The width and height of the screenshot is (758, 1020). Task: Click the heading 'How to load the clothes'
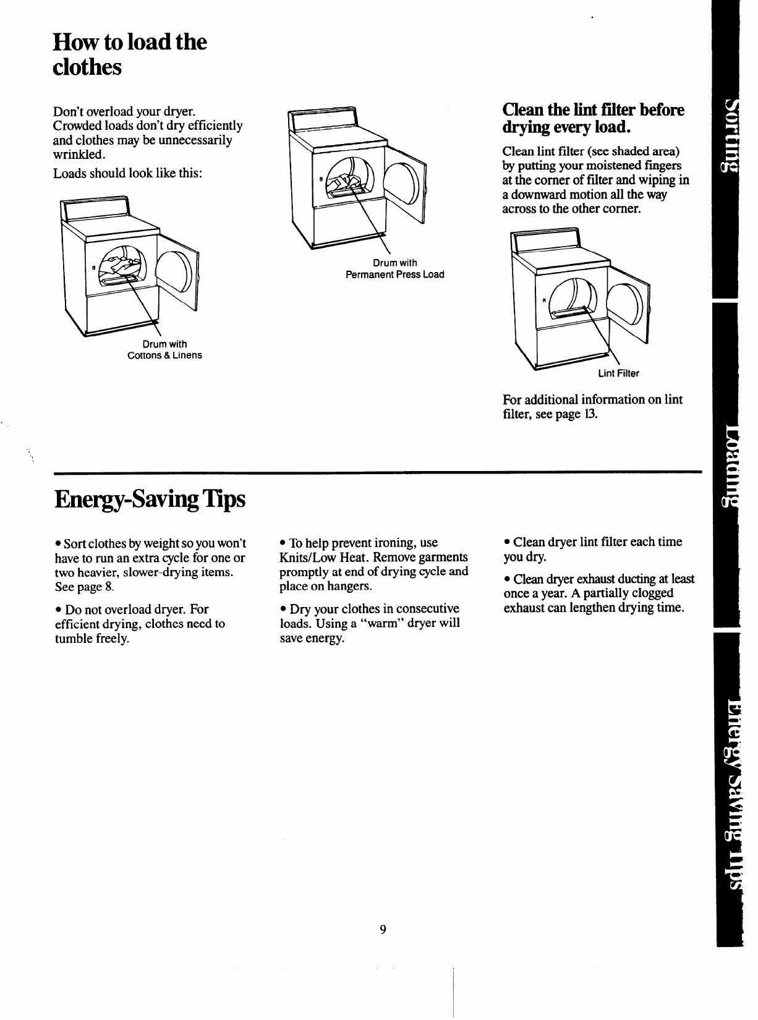[x=130, y=54]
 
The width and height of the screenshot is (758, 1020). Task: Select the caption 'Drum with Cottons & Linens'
[x=164, y=350]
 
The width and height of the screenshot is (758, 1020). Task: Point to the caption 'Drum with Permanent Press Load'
[x=394, y=269]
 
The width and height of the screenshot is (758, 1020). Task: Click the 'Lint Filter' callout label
[x=618, y=373]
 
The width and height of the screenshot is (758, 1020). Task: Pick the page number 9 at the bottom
[x=383, y=930]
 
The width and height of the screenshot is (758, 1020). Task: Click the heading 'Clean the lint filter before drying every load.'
[x=594, y=119]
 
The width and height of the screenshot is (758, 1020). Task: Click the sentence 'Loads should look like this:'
[x=127, y=173]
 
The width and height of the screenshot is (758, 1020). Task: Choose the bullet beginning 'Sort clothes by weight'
[x=150, y=565]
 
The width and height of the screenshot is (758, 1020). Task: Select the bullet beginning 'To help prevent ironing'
[x=373, y=564]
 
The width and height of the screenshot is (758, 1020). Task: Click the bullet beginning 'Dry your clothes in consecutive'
[x=370, y=624]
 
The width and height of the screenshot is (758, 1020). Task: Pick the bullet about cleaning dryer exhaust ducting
[x=598, y=593]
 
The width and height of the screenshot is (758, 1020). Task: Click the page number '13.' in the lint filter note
[x=589, y=414]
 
